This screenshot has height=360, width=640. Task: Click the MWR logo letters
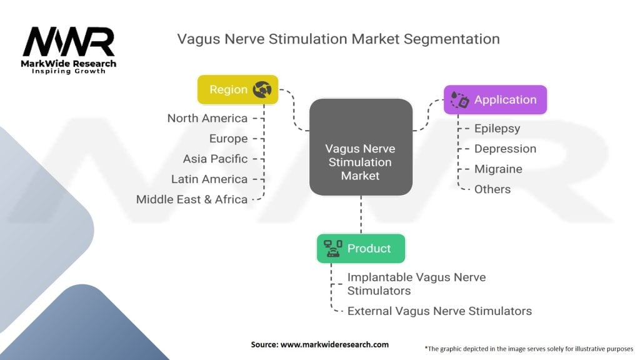[69, 42]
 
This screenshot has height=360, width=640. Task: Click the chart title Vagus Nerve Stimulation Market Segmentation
[338, 39]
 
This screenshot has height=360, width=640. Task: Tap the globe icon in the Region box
[262, 89]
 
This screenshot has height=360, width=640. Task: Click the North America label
[207, 118]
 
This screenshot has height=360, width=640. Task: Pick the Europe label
[229, 139]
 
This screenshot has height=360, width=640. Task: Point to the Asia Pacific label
[215, 159]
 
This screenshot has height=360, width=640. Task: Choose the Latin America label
[209, 179]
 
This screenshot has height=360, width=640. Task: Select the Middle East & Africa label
[192, 199]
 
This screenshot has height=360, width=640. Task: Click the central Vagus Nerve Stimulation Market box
[361, 162]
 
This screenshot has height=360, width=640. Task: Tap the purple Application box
[495, 99]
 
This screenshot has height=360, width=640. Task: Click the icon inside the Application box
[460, 100]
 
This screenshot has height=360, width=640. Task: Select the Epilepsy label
[497, 129]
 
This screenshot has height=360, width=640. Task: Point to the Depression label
[505, 149]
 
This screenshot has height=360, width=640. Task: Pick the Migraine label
[498, 169]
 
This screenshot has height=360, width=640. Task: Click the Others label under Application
[492, 189]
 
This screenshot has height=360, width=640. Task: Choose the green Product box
[361, 248]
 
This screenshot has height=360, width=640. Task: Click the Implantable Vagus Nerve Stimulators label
[416, 284]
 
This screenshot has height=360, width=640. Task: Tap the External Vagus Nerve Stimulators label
[439, 311]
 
